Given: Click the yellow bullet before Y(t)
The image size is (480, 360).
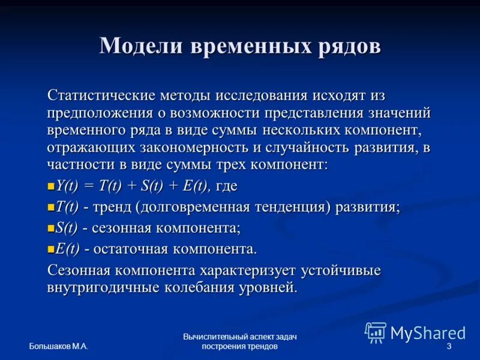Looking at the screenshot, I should click(51, 187).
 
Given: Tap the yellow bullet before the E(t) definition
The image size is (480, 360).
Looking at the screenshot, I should click(51, 248).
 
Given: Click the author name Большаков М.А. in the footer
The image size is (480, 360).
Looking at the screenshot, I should click(58, 347).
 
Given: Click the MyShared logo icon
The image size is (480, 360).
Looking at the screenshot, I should click(376, 332).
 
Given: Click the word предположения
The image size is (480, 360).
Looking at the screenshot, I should click(101, 113).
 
